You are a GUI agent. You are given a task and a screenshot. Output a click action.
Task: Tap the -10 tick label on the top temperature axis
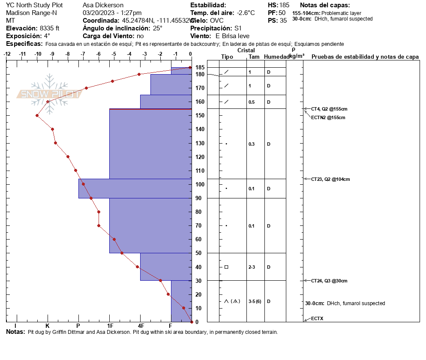[x=38, y=54]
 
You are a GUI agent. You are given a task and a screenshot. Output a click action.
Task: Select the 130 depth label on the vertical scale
[x=200, y=143]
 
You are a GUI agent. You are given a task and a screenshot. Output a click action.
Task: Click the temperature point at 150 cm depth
[x=37, y=115]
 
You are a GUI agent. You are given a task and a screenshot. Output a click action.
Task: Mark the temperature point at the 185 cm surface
[x=190, y=68]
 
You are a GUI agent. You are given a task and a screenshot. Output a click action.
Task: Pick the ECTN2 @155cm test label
[x=328, y=117]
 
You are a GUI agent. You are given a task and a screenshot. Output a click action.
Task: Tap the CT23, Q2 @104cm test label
[x=330, y=179]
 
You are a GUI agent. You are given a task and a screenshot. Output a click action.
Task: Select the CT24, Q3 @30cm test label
[x=329, y=281]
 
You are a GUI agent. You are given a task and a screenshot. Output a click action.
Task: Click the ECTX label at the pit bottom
[x=318, y=319]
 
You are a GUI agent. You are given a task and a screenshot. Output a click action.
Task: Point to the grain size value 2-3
[x=252, y=267]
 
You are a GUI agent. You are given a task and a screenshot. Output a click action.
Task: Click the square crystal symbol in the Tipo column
[x=226, y=267]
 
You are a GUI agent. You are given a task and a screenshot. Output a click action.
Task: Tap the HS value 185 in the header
[x=284, y=5]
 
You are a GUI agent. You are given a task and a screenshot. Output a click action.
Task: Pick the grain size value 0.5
[x=252, y=102]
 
